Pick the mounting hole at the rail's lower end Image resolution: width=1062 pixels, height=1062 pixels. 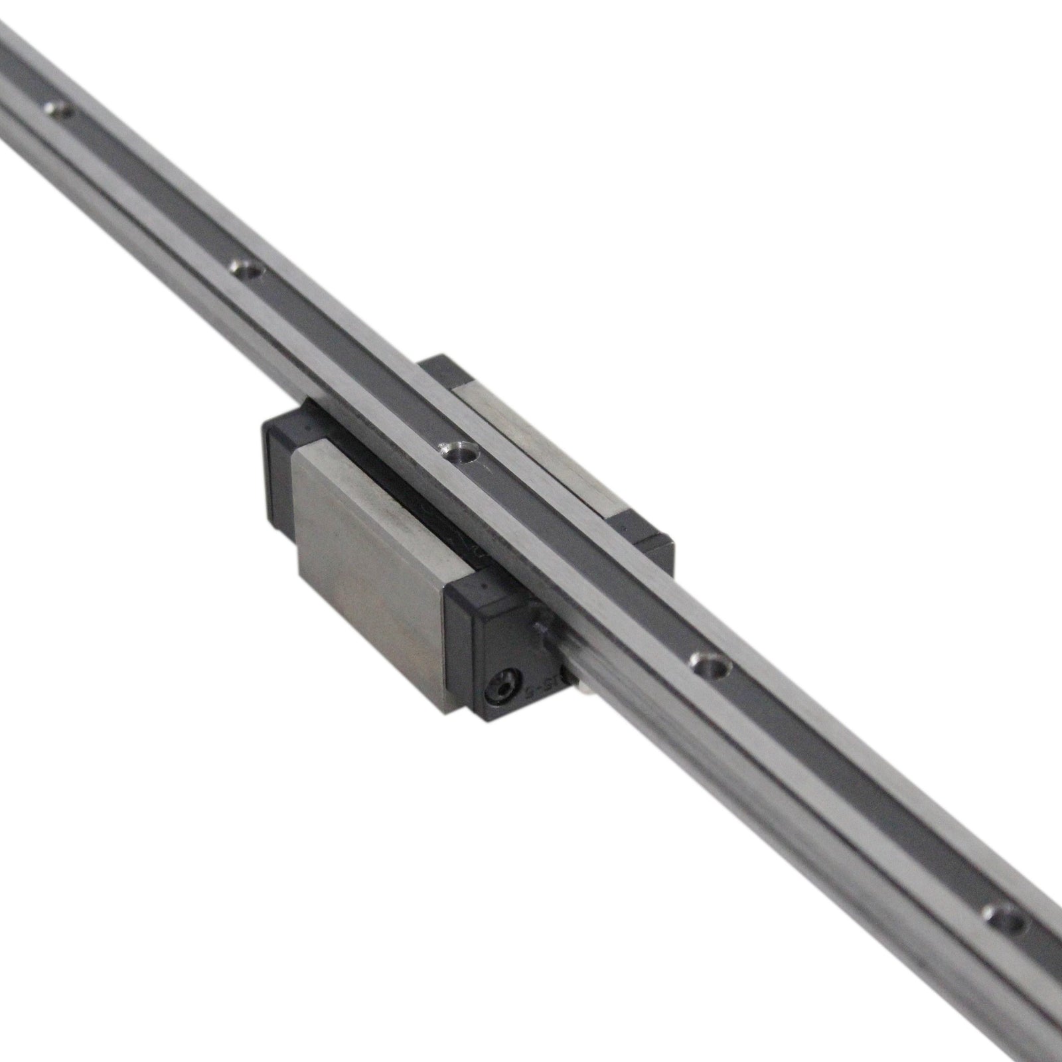[x=1000, y=913]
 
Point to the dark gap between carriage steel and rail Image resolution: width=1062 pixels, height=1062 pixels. [x=431, y=504]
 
